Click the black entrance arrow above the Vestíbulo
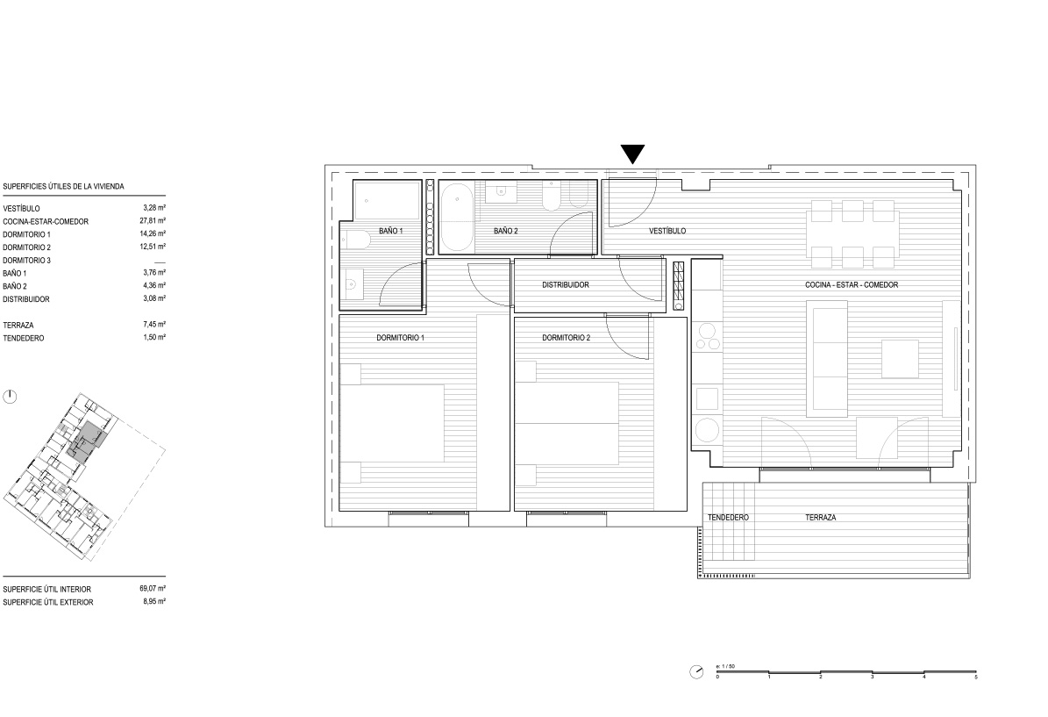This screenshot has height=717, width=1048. pos(632,154)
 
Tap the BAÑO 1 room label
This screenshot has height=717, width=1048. pos(391,231)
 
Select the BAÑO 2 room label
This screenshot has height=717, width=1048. pos(506,231)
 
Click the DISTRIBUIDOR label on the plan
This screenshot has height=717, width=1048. pos(566,285)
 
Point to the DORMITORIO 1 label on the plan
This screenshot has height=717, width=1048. pos(401,338)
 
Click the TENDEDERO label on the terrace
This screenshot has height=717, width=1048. pos(728,517)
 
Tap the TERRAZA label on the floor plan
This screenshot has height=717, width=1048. pos(820,517)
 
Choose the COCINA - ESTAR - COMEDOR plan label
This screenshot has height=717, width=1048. pos(852,285)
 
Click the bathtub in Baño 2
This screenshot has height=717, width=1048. pos(457,218)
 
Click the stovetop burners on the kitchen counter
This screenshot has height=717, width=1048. pos(708,336)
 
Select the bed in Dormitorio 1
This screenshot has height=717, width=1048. pos(392,423)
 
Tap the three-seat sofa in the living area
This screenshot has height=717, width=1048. pos(828,358)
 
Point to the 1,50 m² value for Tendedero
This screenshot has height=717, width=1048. pos(154,337)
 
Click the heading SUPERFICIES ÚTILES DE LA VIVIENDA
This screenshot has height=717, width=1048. pos(63,187)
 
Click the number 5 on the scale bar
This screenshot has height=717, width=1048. pos(975,677)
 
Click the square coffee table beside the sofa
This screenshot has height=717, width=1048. pos(900,359)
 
